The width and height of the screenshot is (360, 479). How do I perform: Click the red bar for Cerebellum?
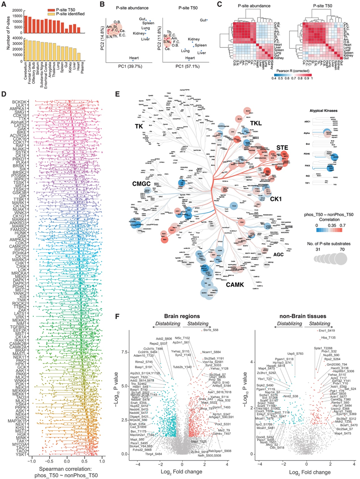click(x=26, y=25)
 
